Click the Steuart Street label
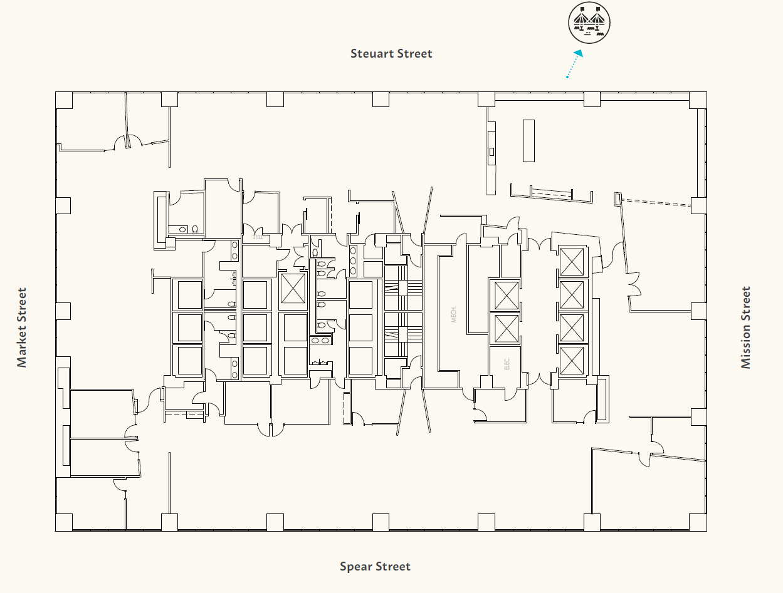pos(391,54)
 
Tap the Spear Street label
pos(375,567)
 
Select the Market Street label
pos(23,327)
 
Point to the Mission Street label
pos(745,327)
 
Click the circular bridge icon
pos(589,23)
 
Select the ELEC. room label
pos(507,364)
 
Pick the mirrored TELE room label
pos(256,238)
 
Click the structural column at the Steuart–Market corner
pos(64,100)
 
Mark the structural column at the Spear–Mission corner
pos(698,522)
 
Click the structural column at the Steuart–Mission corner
pos(698,100)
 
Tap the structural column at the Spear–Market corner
pos(64,522)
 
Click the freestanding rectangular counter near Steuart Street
pos(528,141)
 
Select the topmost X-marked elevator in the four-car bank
pos(571,261)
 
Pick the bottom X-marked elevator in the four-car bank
pos(571,360)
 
